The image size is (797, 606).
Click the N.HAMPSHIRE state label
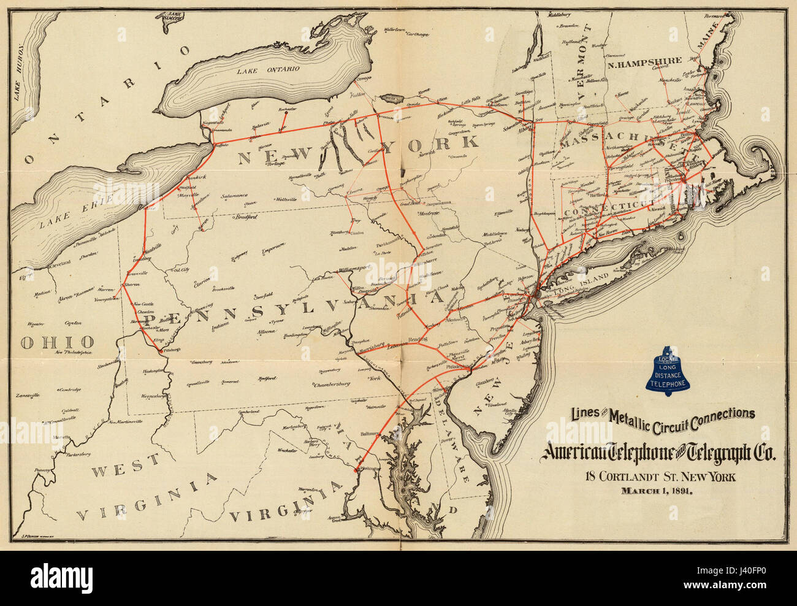click(x=644, y=61)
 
